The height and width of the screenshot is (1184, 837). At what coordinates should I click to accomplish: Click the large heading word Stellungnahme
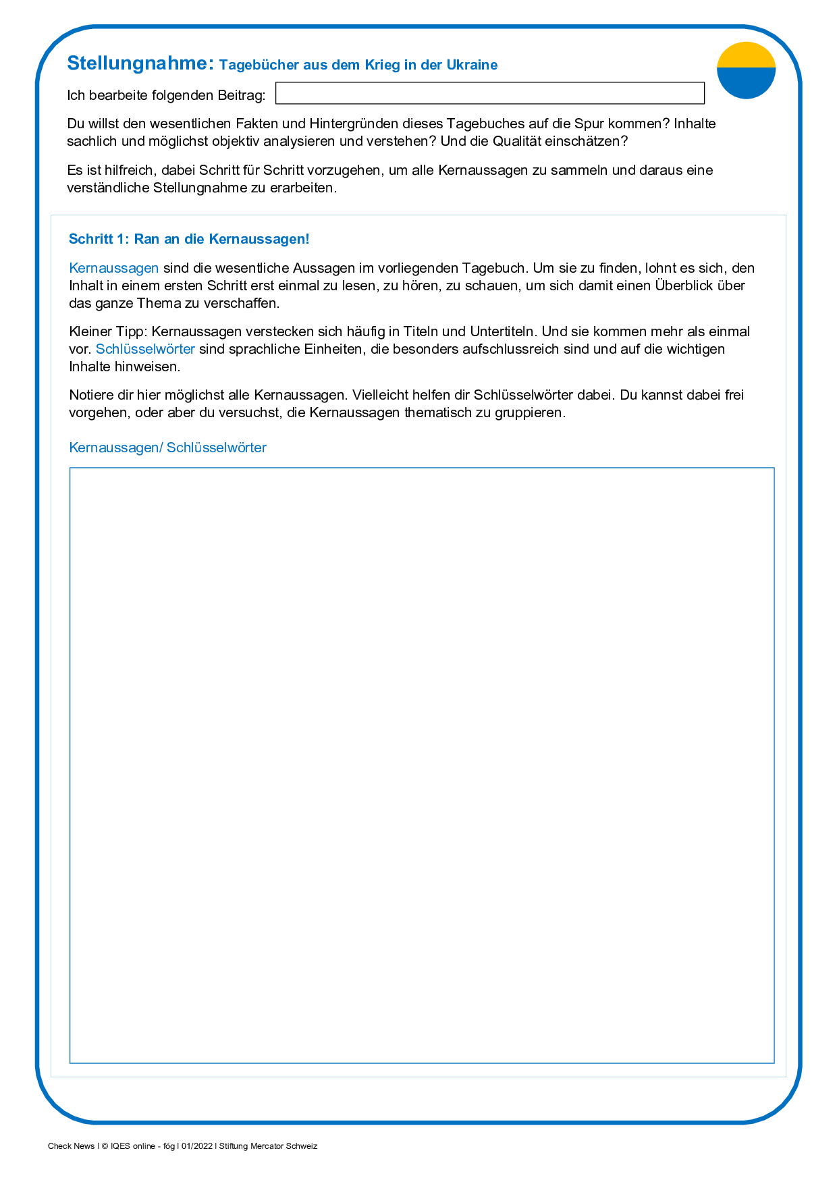(x=140, y=63)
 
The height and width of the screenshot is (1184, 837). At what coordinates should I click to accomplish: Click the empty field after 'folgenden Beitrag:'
(x=489, y=93)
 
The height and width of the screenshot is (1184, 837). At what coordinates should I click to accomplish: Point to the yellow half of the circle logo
(x=746, y=55)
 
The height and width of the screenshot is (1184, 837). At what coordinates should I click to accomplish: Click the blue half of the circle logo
(x=746, y=83)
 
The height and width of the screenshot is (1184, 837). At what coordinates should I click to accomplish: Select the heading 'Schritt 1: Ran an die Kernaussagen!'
(x=189, y=239)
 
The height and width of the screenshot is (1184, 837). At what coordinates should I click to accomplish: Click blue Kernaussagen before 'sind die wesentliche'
(x=113, y=268)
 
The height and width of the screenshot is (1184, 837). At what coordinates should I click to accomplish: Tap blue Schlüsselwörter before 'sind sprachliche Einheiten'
(x=145, y=349)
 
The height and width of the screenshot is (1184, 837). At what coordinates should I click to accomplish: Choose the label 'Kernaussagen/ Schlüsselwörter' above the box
(x=167, y=448)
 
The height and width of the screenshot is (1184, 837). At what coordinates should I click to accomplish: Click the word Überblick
(x=682, y=286)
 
